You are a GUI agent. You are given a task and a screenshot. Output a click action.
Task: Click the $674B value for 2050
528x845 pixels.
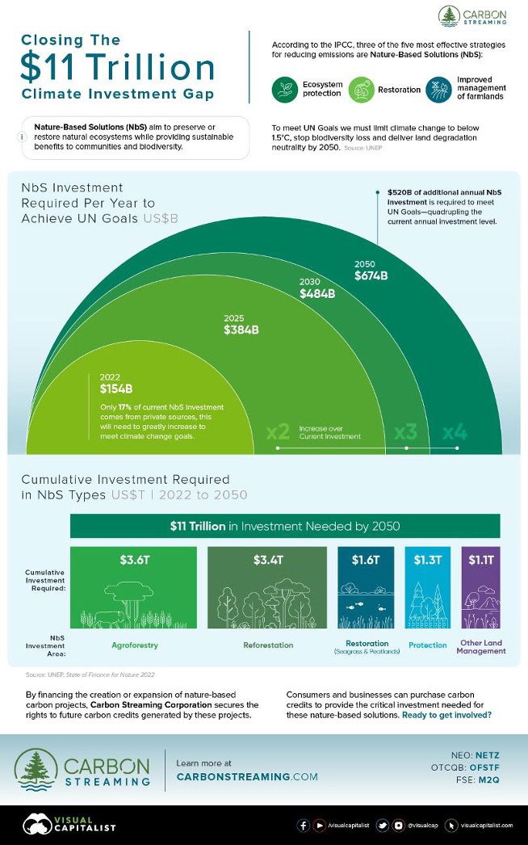point(371,276)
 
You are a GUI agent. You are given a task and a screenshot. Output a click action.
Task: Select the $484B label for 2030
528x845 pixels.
point(317,294)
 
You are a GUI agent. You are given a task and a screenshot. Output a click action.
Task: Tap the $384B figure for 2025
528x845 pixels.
point(241,330)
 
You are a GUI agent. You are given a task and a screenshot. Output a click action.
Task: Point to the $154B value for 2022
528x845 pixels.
point(116,389)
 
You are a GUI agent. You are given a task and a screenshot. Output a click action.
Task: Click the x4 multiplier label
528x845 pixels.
point(455,433)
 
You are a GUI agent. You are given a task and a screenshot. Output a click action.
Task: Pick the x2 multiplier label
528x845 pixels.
point(278,433)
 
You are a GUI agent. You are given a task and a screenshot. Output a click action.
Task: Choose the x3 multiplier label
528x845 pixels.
point(405,433)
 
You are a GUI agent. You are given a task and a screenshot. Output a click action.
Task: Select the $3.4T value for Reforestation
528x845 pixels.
point(267,561)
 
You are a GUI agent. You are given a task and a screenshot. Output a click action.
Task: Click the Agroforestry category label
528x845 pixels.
point(134,645)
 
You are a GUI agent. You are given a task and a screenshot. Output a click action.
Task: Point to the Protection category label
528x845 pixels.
point(428,645)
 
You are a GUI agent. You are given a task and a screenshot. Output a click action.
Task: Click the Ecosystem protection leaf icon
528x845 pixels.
point(285,89)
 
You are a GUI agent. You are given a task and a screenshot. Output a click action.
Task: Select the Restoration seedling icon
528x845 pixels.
point(361,89)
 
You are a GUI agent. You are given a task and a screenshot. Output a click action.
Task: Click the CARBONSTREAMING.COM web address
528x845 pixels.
point(247,776)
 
